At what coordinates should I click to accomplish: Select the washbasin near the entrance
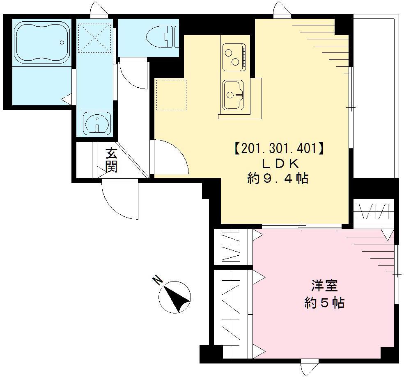pos(96,122)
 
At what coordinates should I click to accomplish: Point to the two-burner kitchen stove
pos(234,56)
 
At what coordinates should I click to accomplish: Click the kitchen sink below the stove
pos(233,94)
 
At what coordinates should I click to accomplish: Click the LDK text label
pos(278,163)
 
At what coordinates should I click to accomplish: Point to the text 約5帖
pos(324,303)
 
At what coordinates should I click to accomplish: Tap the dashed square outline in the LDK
pos(171,95)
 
